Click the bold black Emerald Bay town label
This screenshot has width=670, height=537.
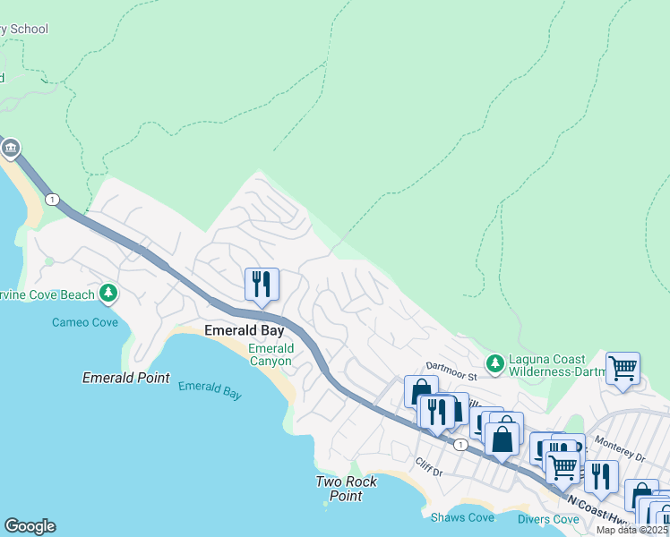244,331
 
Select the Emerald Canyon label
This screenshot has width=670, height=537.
270,354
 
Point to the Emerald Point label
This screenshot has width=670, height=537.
125,378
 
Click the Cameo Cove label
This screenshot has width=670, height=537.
84,322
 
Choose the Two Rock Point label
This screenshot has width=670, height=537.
346,489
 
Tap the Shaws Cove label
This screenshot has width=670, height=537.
461,518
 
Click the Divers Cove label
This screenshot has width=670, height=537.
547,519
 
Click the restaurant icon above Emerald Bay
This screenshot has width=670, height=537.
262,285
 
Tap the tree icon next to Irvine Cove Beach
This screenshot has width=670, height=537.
108,293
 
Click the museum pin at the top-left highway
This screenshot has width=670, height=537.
10,148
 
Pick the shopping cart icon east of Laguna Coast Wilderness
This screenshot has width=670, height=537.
623,367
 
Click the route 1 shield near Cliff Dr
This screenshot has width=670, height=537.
460,445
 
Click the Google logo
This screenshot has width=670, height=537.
30,526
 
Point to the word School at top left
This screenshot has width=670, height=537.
30,29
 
